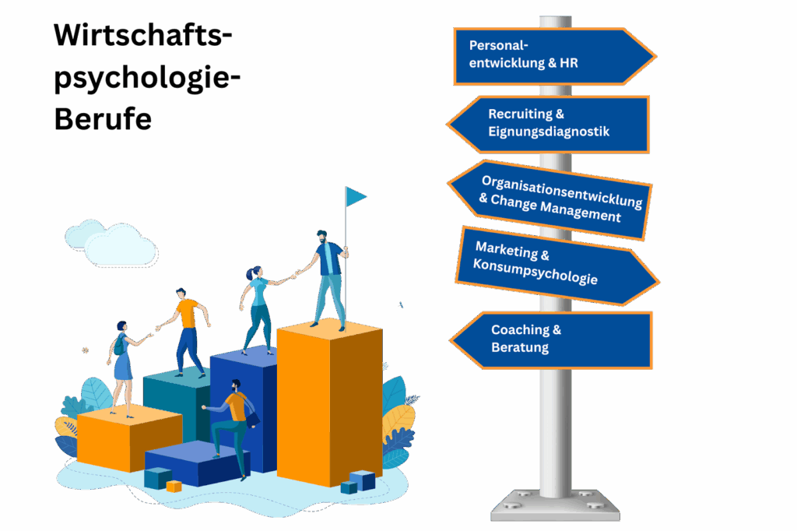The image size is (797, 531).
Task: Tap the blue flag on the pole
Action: [x=356, y=196]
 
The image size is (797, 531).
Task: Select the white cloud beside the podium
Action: [x=111, y=243]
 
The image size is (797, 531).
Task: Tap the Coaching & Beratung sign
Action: [x=553, y=339]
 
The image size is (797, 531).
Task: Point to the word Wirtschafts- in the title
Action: [x=143, y=36]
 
